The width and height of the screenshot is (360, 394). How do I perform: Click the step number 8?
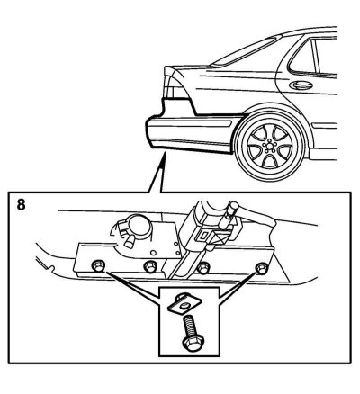point(21,205)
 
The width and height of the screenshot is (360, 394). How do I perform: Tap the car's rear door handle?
point(301,85)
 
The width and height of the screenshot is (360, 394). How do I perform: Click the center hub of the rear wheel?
point(267,147)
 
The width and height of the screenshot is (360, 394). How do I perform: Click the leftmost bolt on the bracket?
point(98,265)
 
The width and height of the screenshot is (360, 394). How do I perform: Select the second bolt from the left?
point(150,267)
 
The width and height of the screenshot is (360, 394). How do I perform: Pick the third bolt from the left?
point(204,267)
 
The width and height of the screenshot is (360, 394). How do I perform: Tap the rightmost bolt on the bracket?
point(261,267)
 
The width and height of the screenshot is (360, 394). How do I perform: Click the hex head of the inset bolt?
point(190,345)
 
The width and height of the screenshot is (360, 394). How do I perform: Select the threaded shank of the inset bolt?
point(189,327)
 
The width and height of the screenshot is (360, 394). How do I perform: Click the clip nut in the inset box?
point(181,304)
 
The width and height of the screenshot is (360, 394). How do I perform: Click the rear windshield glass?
point(246,51)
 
